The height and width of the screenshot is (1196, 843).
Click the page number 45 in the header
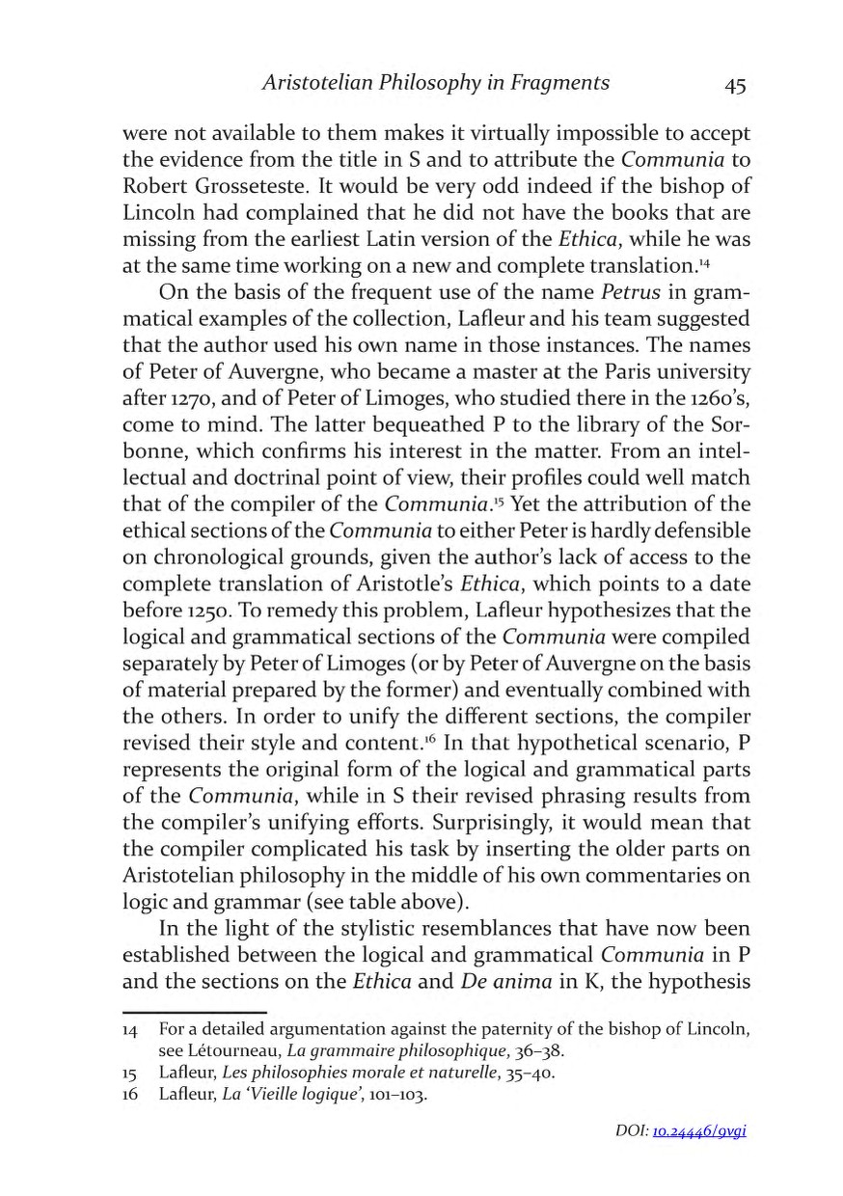pyautogui.click(x=735, y=85)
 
